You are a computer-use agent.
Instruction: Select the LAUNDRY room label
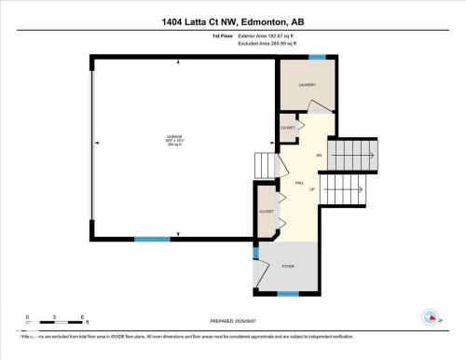click(x=308, y=86)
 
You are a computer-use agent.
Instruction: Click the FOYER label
click(x=288, y=266)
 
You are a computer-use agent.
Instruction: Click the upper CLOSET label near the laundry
click(x=288, y=128)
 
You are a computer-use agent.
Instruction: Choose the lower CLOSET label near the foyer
click(x=267, y=212)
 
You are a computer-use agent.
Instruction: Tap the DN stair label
click(x=319, y=155)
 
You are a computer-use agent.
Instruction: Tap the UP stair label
click(x=311, y=189)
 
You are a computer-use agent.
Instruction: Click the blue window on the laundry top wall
click(x=317, y=58)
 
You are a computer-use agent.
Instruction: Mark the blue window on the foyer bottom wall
click(x=288, y=293)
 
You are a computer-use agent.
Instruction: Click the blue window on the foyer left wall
click(x=255, y=251)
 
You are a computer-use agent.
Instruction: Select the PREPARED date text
click(x=233, y=319)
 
